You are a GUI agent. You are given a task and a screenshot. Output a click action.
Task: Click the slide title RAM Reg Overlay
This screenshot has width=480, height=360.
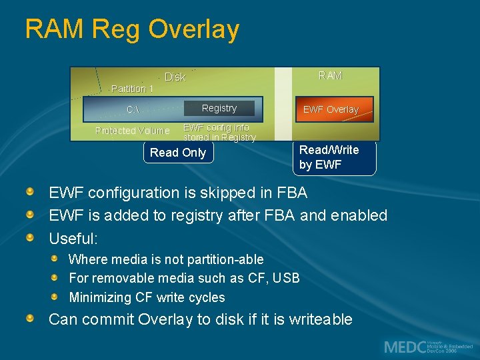pyautogui.click(x=132, y=29)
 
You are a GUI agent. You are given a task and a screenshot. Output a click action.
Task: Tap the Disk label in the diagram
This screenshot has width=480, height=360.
pyautogui.click(x=175, y=77)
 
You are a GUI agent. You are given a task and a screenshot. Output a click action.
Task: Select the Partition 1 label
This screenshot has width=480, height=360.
pyautogui.click(x=132, y=89)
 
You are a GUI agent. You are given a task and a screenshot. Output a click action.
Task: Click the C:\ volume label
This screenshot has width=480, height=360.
pyautogui.click(x=133, y=109)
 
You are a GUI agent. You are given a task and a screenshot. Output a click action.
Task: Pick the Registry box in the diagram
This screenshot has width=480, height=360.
pyautogui.click(x=219, y=108)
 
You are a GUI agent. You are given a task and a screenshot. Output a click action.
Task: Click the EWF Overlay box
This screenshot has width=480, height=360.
pyautogui.click(x=331, y=109)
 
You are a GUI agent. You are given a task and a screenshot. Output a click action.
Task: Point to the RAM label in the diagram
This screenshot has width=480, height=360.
pyautogui.click(x=330, y=75)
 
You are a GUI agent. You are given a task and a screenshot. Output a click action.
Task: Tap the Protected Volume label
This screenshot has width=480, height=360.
pyautogui.click(x=132, y=131)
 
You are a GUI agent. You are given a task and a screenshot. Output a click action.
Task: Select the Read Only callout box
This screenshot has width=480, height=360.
pyautogui.click(x=178, y=153)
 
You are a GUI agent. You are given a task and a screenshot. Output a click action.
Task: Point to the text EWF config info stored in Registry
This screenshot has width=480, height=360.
pyautogui.click(x=219, y=132)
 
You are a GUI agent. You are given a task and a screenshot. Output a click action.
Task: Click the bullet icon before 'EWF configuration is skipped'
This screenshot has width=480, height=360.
pyautogui.click(x=31, y=193)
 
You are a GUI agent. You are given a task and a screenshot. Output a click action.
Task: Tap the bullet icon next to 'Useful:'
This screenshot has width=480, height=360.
pyautogui.click(x=31, y=237)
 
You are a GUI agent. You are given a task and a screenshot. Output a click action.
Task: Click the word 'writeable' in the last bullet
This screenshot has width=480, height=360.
pyautogui.click(x=321, y=319)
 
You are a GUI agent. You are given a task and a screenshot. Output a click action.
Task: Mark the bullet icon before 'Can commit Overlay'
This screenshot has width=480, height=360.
pyautogui.click(x=31, y=319)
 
